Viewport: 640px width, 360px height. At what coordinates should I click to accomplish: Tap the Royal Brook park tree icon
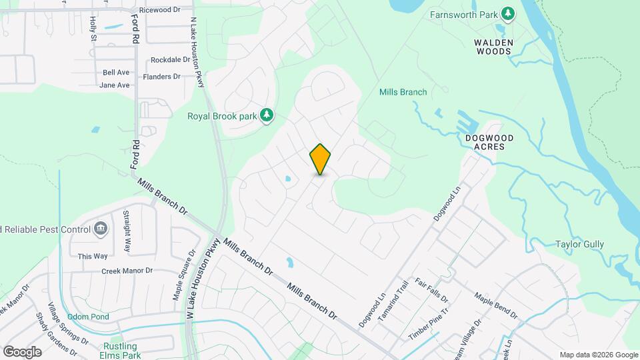click(267, 115)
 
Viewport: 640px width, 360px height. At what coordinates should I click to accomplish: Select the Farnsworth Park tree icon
click(507, 14)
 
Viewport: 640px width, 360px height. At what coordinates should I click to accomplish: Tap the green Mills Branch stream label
click(403, 92)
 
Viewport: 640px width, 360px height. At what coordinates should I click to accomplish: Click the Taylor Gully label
click(579, 244)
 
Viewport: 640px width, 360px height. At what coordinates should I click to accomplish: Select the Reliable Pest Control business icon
click(101, 229)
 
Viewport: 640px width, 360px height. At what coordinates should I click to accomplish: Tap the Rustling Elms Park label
click(120, 351)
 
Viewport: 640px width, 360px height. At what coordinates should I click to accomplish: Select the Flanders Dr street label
click(162, 77)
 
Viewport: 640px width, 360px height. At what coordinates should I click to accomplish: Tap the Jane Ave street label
click(114, 85)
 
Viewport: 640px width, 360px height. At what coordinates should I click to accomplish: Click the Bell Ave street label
click(115, 72)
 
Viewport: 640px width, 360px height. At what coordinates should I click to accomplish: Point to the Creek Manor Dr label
click(127, 271)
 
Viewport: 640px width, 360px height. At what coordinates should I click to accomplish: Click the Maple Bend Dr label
click(495, 304)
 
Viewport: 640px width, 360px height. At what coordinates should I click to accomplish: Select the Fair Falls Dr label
click(431, 291)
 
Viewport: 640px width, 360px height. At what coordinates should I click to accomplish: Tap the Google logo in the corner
click(22, 352)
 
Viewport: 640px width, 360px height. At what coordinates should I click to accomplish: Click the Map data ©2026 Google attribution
click(598, 355)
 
